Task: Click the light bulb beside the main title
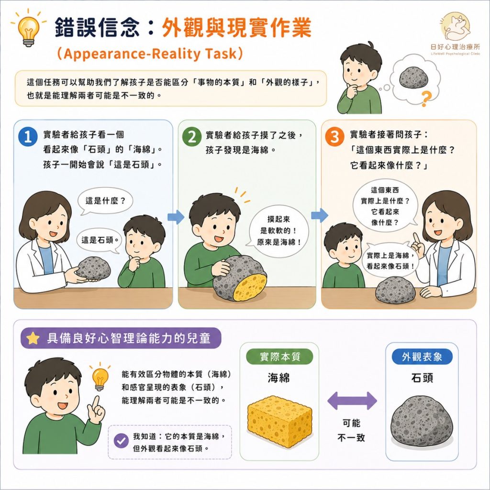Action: coord(28,30)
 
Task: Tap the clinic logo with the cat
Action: coord(456,27)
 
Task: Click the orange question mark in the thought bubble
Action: coord(425,99)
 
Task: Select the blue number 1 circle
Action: coord(28,136)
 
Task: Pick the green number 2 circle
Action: coord(192,136)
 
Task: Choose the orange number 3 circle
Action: coord(334,136)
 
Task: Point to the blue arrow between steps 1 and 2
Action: coord(176,217)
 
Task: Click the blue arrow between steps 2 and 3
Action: coord(320,215)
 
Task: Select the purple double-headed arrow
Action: coord(352,401)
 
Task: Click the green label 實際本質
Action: coord(279,356)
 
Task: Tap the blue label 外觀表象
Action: coord(422,356)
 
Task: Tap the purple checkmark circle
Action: coord(121,441)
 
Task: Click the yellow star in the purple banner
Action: coord(33,338)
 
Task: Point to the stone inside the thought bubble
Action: coord(413,78)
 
